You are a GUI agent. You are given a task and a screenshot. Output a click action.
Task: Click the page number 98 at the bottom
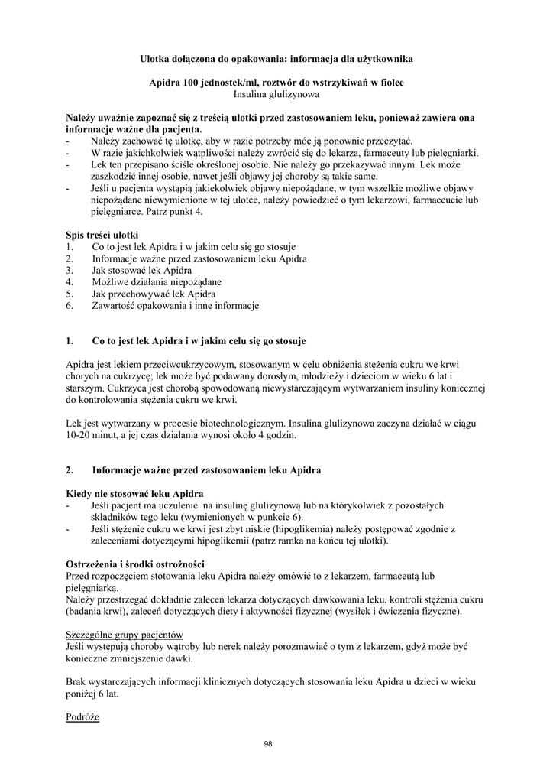coord(267,743)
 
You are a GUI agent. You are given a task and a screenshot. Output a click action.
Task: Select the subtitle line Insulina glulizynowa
coord(276,94)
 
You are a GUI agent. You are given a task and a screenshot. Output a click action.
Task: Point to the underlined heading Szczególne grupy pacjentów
coord(125,635)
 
